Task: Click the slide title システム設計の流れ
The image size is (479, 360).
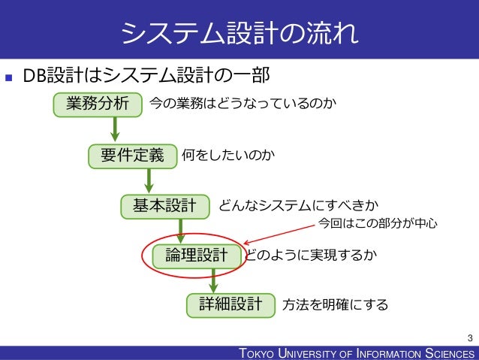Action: tap(239, 32)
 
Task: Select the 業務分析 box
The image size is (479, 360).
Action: tap(98, 103)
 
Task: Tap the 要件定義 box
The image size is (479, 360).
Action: tap(131, 156)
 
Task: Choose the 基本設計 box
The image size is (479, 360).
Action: tap(165, 204)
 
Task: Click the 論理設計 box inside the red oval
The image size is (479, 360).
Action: tap(197, 256)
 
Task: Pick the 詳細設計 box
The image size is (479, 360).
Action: tap(230, 304)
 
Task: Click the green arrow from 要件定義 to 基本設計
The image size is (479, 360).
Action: tap(149, 180)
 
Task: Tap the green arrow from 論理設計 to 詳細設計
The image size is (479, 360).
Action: tap(214, 280)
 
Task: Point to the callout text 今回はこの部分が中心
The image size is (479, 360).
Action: tap(378, 223)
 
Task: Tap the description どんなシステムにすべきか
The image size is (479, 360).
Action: tap(298, 204)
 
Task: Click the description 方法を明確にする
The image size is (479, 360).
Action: tap(336, 304)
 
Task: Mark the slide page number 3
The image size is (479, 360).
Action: tap(469, 337)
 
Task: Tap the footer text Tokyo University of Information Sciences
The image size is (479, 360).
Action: tap(356, 353)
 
